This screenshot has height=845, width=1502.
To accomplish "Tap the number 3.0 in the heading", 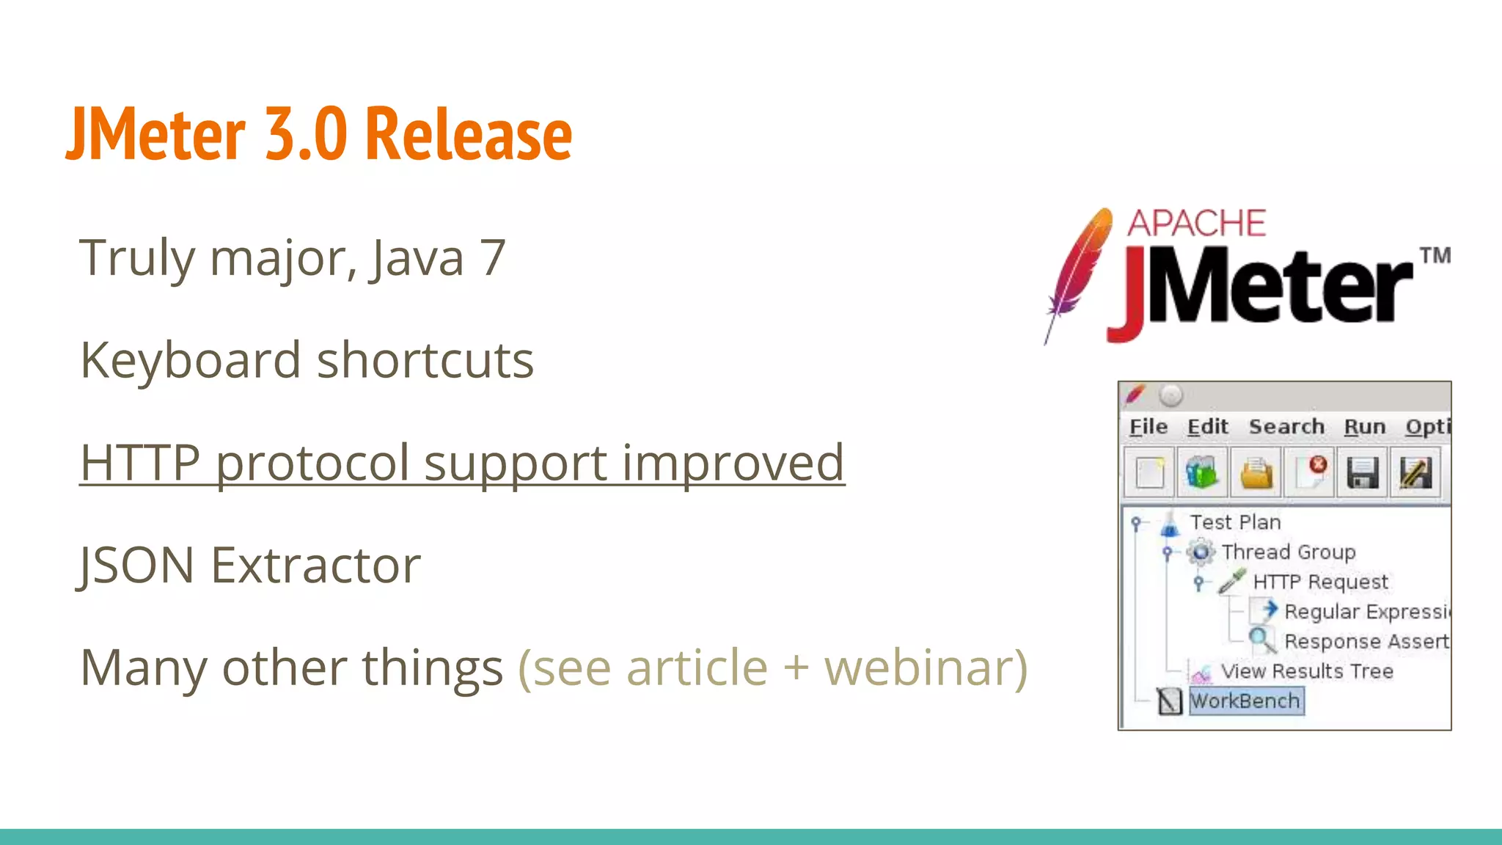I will pyautogui.click(x=306, y=133).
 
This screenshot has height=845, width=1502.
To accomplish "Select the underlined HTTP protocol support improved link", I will pyautogui.click(x=462, y=463).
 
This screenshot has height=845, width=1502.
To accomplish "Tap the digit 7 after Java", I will pyautogui.click(x=492, y=258).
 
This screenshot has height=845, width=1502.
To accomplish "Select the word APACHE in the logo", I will pyautogui.click(x=1196, y=223).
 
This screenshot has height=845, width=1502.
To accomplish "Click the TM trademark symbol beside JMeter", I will pyautogui.click(x=1435, y=255).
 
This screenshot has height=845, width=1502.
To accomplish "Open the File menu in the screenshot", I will pyautogui.click(x=1149, y=427).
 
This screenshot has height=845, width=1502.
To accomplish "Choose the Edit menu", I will pyautogui.click(x=1208, y=427).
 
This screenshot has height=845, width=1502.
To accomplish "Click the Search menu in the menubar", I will pyautogui.click(x=1286, y=427).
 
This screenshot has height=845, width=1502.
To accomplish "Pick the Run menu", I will pyautogui.click(x=1365, y=427).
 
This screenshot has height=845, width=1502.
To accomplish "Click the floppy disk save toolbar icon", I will pyautogui.click(x=1363, y=472).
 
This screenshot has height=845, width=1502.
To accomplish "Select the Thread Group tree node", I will pyautogui.click(x=1288, y=552).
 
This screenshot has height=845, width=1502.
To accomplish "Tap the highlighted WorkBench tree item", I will pyautogui.click(x=1245, y=700).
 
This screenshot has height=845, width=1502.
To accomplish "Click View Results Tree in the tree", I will pyautogui.click(x=1306, y=671).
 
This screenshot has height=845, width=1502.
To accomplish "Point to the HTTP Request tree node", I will pyautogui.click(x=1319, y=582).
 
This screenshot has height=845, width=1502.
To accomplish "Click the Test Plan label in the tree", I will pyautogui.click(x=1235, y=522).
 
